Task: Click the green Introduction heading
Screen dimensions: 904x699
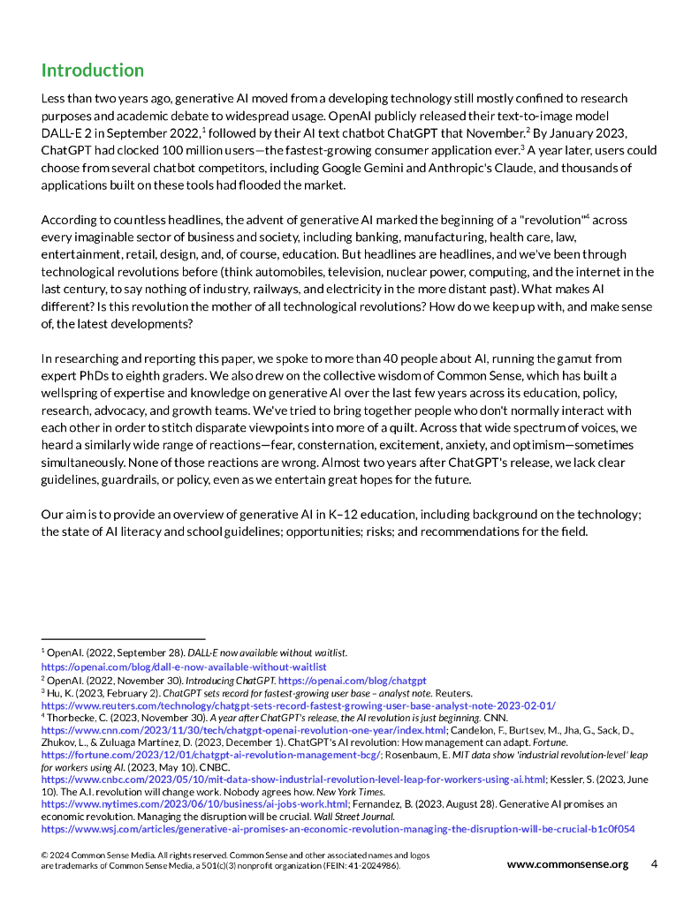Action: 93,71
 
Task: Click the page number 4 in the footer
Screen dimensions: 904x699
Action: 654,864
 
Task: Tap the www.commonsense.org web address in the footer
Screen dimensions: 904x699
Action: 567,864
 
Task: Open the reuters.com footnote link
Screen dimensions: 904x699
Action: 299,705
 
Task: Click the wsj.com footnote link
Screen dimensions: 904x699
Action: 338,829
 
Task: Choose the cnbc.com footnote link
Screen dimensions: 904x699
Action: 293,780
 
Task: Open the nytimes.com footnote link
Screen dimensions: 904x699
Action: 195,804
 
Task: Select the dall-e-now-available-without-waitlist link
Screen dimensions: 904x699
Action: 184,667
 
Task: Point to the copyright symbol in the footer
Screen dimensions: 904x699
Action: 45,856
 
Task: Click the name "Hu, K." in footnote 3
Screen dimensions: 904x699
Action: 60,694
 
